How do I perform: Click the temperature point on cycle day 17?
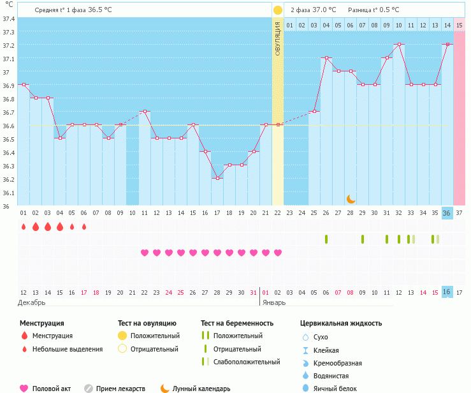(x=217, y=178)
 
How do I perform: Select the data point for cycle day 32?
(x=399, y=44)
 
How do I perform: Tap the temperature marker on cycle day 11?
(x=145, y=111)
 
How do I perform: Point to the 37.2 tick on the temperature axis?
(x=9, y=45)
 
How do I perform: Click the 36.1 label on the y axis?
(x=9, y=193)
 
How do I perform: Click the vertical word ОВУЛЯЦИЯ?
(x=277, y=39)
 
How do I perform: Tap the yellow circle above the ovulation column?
(x=278, y=10)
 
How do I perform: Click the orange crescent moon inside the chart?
(x=351, y=199)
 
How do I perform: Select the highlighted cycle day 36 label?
(x=447, y=213)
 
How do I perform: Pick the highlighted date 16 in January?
(x=447, y=292)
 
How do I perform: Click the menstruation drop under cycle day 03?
(x=48, y=226)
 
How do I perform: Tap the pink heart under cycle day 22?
(x=278, y=253)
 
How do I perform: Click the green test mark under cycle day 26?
(x=326, y=239)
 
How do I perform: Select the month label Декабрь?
(x=31, y=302)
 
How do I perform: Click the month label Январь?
(x=274, y=302)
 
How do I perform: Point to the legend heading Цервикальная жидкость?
(x=341, y=323)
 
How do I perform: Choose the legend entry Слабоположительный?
(x=247, y=362)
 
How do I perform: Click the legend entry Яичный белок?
(x=335, y=389)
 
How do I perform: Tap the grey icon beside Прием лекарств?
(x=89, y=389)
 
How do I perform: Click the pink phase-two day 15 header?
(x=460, y=26)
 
